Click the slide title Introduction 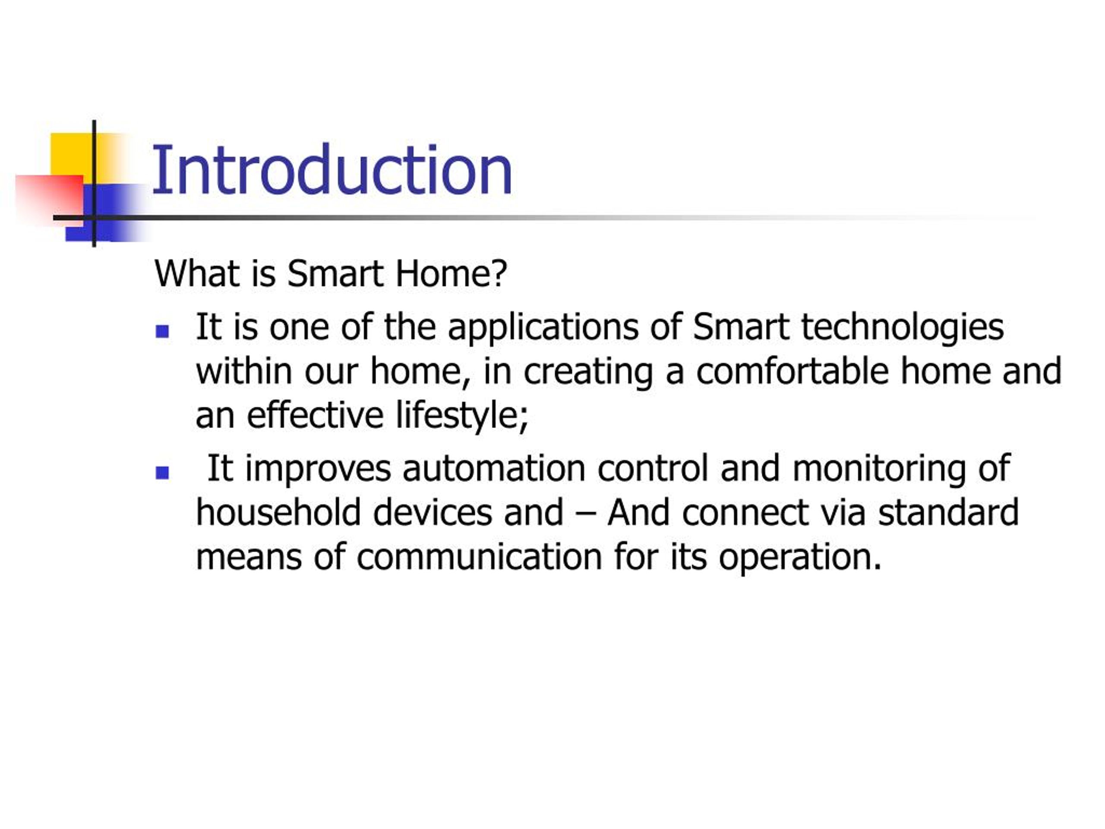pos(332,169)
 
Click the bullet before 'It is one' pos(162,331)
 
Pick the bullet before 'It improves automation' pos(162,473)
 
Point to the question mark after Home pos(499,273)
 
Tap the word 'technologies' pos(903,327)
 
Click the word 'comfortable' pos(792,371)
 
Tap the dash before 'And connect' pos(585,515)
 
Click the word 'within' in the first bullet pos(244,371)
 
